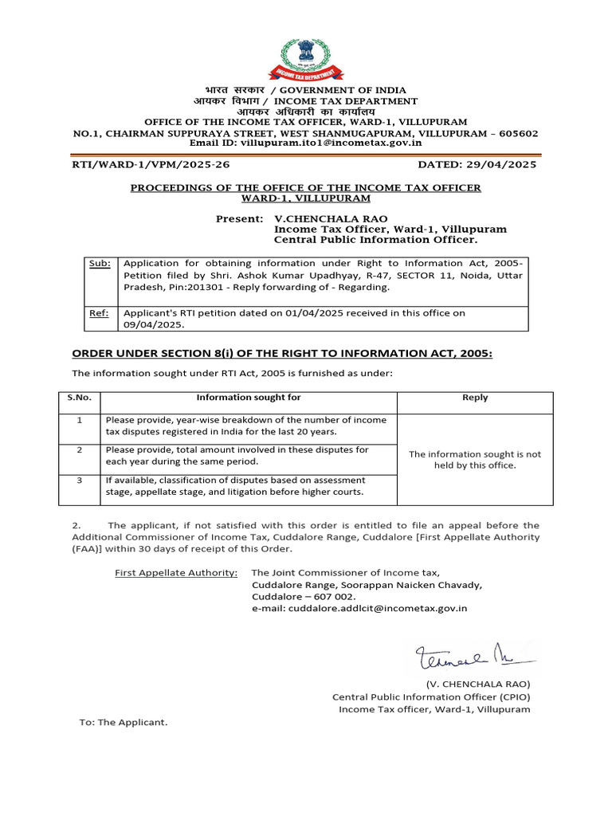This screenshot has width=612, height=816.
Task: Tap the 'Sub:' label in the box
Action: [100, 263]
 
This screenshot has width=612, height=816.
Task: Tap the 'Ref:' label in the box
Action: [100, 313]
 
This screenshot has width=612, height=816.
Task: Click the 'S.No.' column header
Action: [79, 398]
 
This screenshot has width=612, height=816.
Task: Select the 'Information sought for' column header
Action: [249, 398]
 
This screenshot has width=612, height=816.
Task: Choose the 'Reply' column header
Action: [475, 398]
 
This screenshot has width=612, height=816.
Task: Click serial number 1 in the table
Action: [79, 420]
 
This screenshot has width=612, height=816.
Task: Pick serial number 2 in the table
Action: [79, 450]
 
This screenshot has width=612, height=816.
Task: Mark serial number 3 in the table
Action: [79, 481]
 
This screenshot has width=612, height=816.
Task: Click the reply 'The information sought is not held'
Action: [475, 459]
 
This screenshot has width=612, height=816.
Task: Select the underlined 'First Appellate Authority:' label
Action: [176, 573]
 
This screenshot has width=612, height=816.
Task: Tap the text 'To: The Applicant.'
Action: [124, 722]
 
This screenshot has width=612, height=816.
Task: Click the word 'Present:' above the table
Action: [239, 218]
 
